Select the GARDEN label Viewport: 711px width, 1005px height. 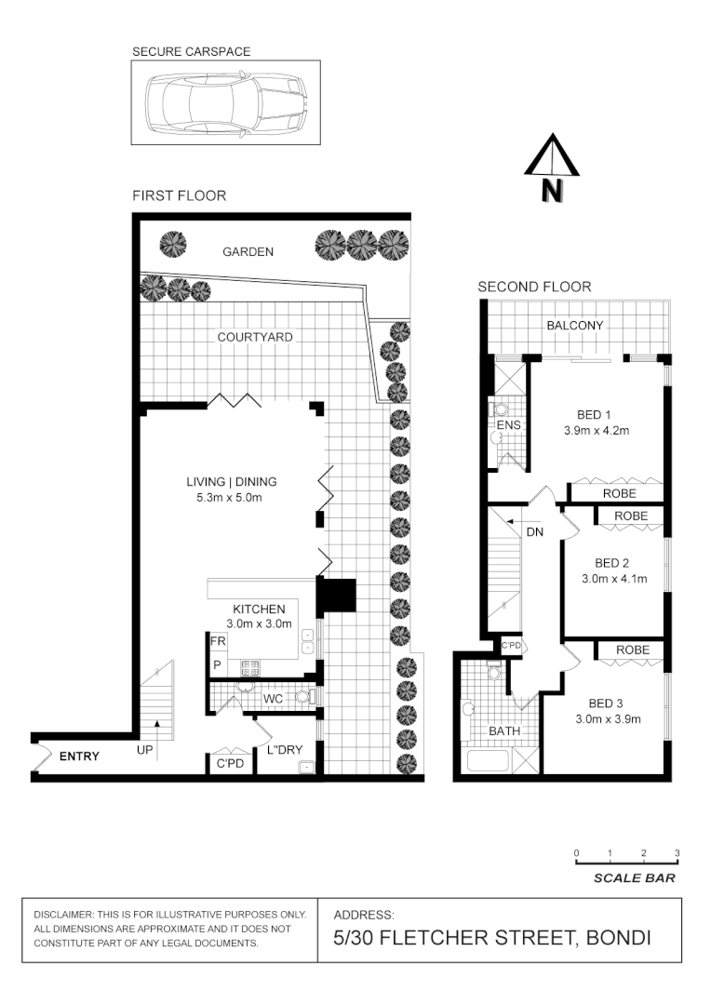[x=248, y=251]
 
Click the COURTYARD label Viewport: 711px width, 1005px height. [x=255, y=337]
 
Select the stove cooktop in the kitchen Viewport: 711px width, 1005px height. [x=250, y=666]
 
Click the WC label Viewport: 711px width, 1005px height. [x=273, y=698]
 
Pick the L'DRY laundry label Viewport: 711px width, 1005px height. [x=285, y=750]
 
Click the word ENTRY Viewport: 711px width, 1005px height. [x=79, y=757]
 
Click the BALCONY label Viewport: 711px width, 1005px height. [x=574, y=326]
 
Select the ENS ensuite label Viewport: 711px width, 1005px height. [x=508, y=425]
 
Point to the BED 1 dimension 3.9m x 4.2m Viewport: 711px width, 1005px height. [x=597, y=431]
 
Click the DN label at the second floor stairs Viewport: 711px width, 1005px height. [x=535, y=532]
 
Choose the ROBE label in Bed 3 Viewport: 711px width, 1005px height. [x=632, y=650]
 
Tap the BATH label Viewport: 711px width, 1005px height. [x=504, y=731]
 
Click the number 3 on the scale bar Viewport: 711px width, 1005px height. [x=677, y=853]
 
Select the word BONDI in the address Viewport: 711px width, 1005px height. [x=618, y=938]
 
